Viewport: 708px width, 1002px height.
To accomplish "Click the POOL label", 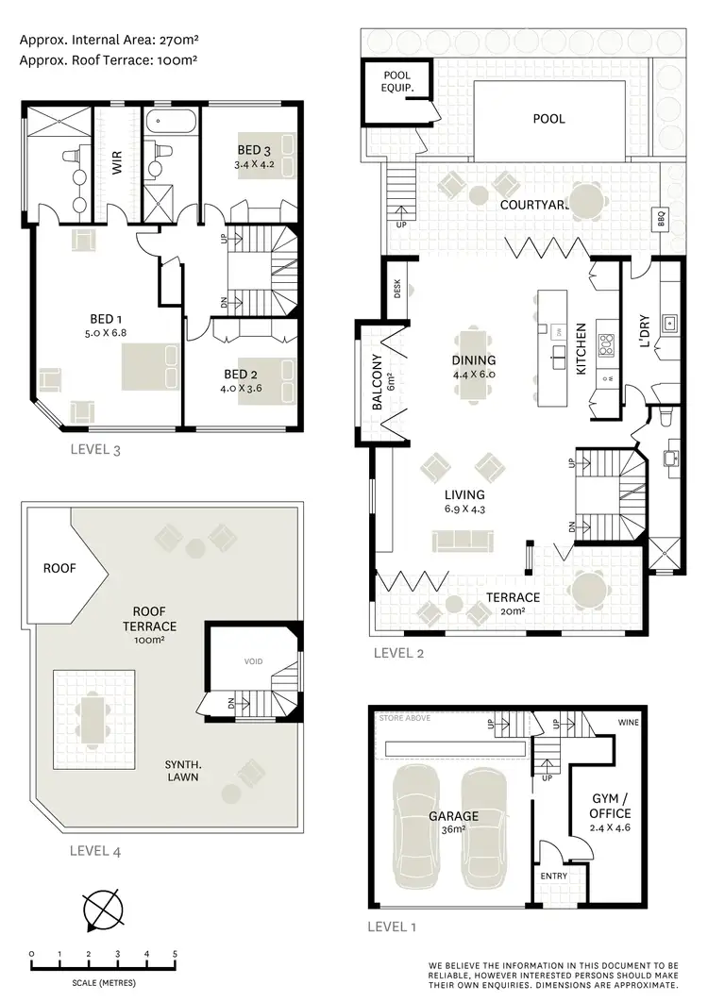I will tap(548, 119).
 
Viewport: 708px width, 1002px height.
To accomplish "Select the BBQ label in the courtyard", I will tap(660, 219).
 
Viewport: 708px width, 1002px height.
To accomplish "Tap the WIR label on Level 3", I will tap(117, 164).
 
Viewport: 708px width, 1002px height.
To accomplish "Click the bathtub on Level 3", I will tap(171, 122).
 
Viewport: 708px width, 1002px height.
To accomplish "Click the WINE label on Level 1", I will tap(628, 723).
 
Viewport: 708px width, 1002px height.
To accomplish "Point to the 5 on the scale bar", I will tap(175, 954).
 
